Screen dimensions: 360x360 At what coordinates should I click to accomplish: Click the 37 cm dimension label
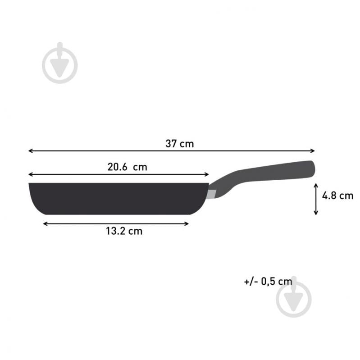pos(179,144)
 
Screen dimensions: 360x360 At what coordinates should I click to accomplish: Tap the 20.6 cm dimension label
pos(128,167)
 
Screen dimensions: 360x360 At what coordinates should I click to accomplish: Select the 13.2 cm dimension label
pos(124,231)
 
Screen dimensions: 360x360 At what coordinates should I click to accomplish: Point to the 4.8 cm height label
pos(337,196)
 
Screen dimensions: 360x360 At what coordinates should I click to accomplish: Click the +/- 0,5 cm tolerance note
pos(268,281)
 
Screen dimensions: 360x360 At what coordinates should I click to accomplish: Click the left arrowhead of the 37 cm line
pos(30,151)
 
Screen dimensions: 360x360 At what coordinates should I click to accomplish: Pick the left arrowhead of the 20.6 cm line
pos(30,174)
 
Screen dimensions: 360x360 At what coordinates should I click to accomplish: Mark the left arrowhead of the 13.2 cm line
pos(45,223)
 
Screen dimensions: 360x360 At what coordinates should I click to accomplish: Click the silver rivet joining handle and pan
pos(211,194)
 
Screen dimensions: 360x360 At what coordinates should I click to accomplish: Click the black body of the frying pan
pos(117,198)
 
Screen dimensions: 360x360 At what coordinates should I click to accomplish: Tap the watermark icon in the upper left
pos(60,63)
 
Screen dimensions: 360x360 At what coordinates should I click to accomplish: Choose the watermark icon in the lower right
pos(294,296)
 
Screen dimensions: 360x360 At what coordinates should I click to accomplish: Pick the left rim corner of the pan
pos(30,184)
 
